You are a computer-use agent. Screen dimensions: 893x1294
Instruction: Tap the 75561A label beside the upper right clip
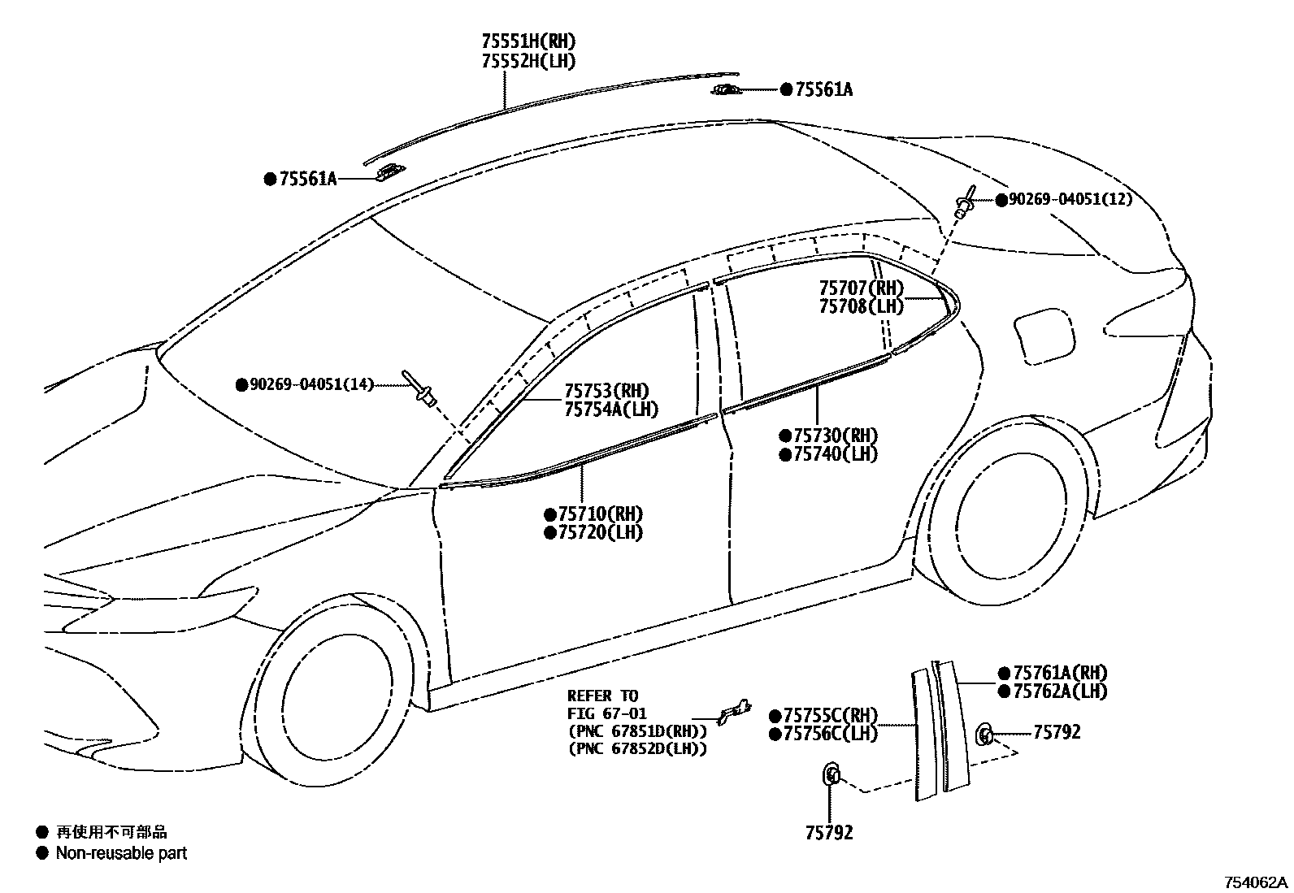(823, 90)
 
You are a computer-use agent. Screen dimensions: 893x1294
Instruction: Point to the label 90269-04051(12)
(1070, 199)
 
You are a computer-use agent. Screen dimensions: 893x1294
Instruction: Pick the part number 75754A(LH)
(611, 410)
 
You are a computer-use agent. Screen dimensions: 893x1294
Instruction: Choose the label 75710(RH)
(600, 514)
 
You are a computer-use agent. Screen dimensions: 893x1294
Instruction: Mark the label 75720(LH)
(600, 533)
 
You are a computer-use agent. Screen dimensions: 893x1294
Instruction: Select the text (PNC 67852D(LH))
(636, 748)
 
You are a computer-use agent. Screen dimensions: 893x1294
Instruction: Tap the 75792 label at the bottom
(829, 833)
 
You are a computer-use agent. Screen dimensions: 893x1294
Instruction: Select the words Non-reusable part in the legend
(121, 853)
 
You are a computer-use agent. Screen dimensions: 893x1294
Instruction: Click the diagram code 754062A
(1257, 882)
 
